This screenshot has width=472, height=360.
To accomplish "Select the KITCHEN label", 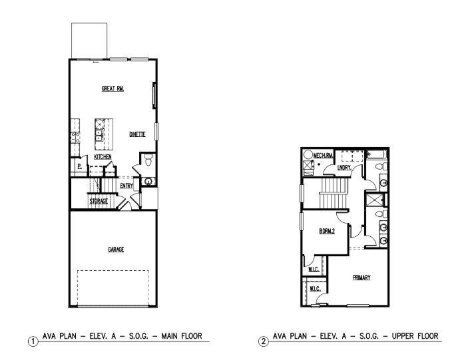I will [x=102, y=156].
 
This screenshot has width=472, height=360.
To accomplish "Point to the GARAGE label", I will [x=116, y=250].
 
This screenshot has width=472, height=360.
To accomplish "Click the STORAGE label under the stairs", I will [x=99, y=201].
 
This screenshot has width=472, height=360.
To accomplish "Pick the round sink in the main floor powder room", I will [x=147, y=180].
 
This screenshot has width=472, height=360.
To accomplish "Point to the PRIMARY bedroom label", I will [x=361, y=277].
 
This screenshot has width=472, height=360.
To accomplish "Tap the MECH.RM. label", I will [x=323, y=153].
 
